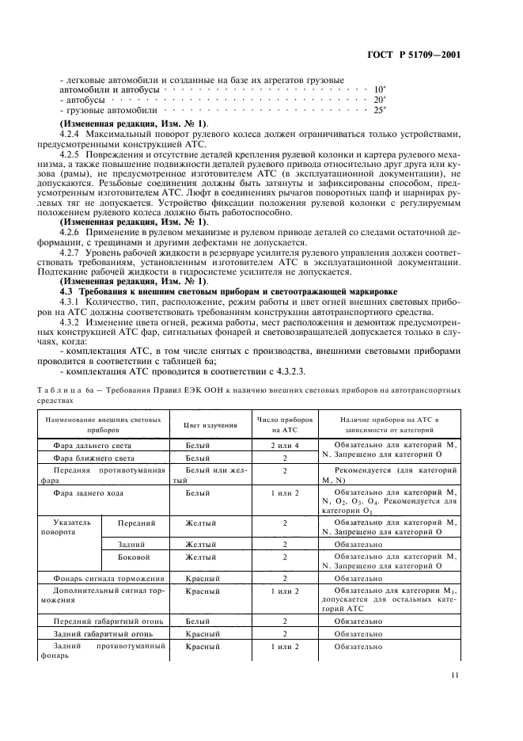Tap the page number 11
[454, 675]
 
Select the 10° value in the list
[380, 89]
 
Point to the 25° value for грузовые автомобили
[380, 110]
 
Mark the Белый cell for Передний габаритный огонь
[197, 621]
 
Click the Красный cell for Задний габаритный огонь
[202, 634]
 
